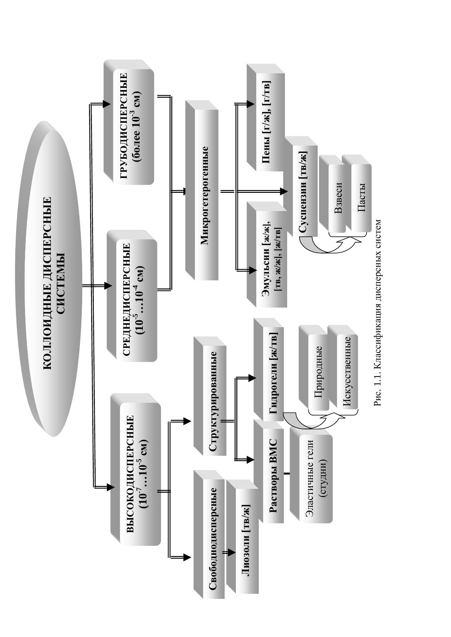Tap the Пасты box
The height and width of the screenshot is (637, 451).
point(361,198)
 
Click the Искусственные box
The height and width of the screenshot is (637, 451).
point(347,372)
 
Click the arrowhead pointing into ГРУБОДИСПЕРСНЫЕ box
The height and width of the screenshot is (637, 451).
point(106,104)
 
